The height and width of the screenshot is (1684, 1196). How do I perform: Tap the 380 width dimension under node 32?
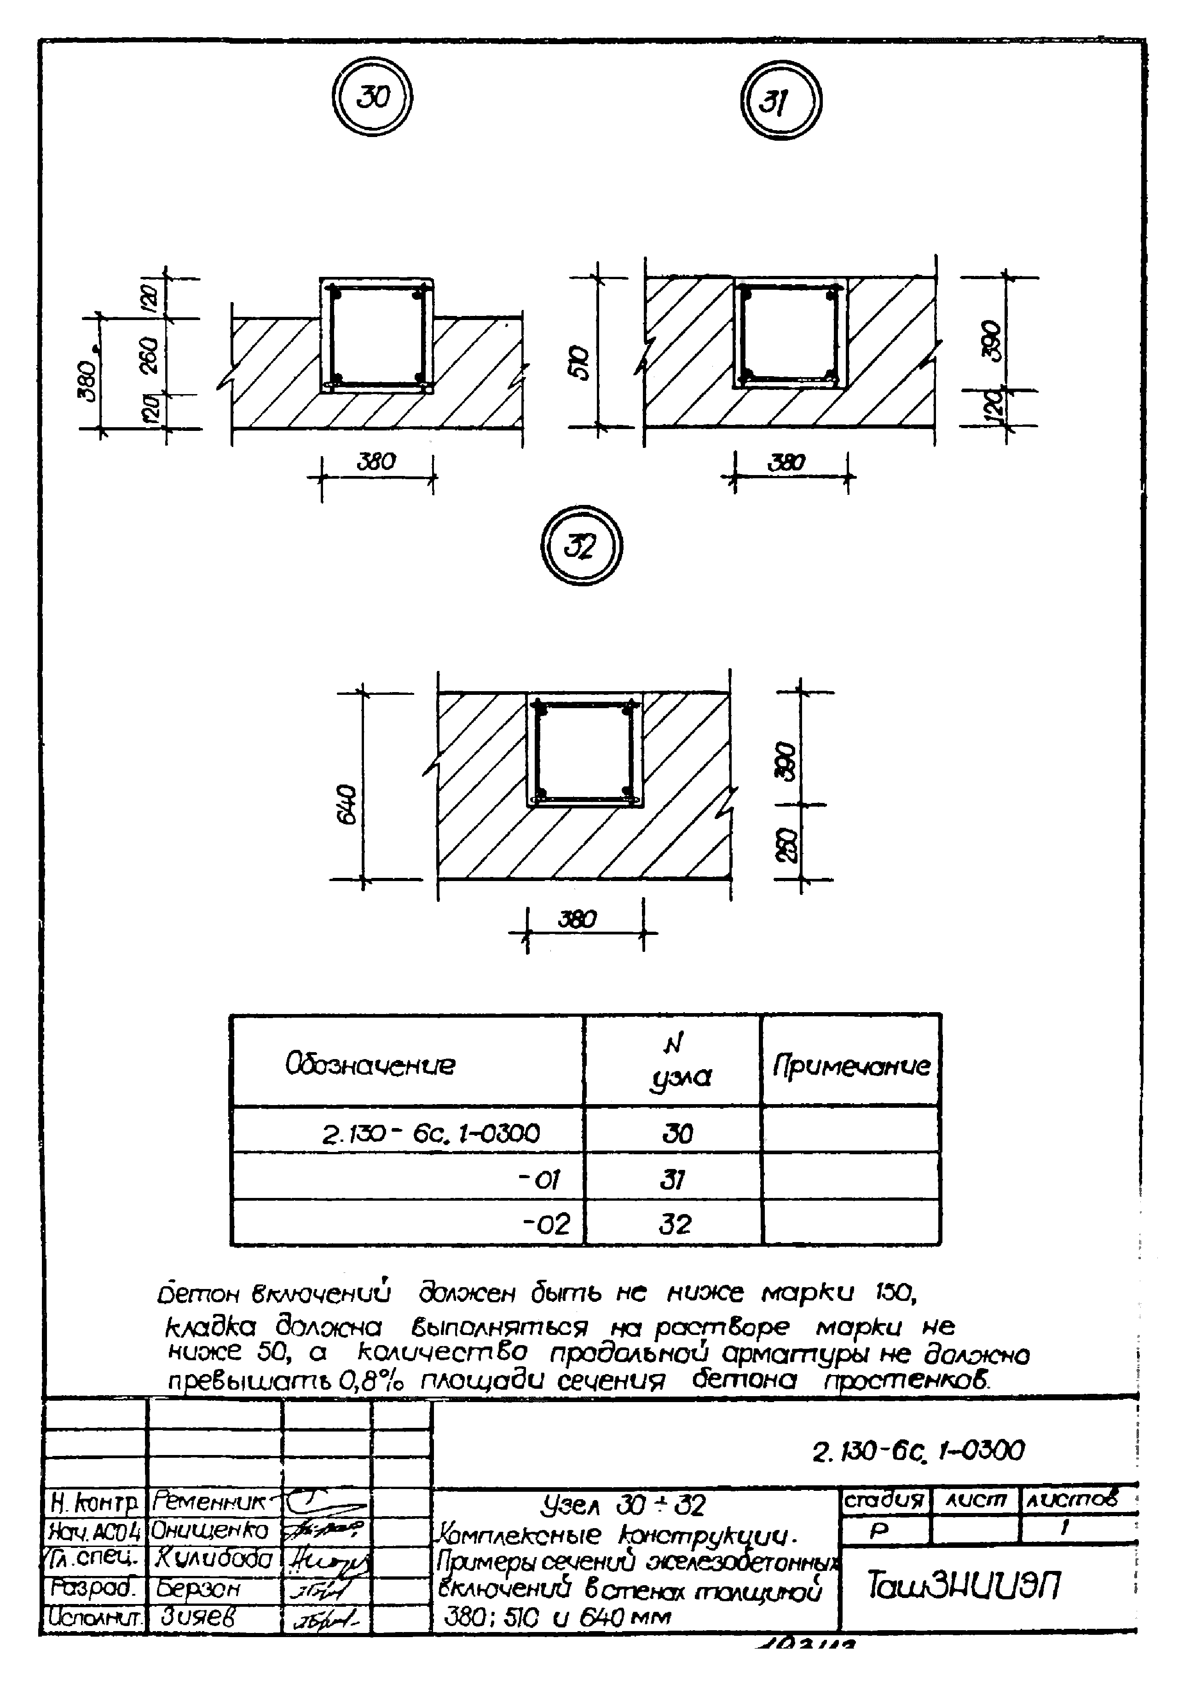point(578,919)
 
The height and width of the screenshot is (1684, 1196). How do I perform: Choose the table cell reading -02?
point(546,1225)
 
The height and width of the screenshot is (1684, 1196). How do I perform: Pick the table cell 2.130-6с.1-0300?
point(431,1134)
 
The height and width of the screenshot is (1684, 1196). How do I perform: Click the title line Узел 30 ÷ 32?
point(623,1505)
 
